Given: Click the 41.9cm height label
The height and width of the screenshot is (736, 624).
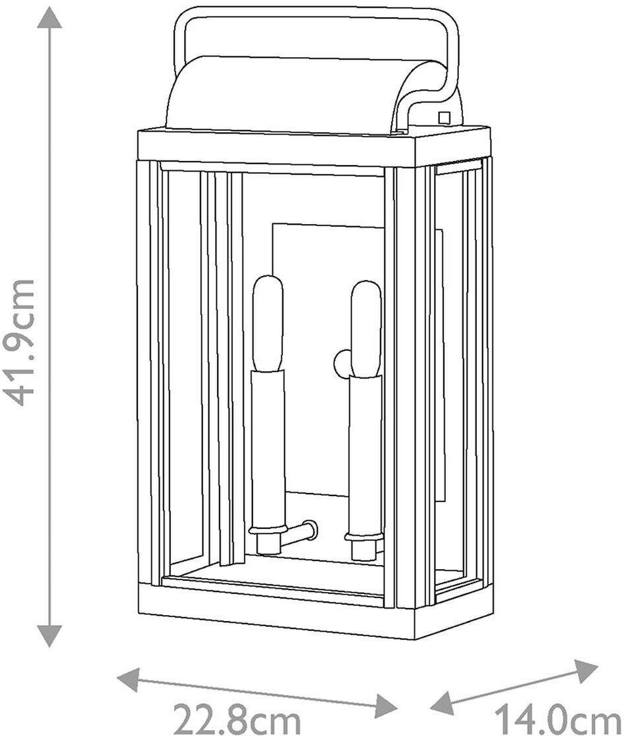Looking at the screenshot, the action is [x=20, y=342].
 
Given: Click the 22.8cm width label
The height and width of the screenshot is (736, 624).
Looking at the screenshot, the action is [x=236, y=717].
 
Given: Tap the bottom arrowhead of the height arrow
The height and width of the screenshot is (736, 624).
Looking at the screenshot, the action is [x=50, y=635].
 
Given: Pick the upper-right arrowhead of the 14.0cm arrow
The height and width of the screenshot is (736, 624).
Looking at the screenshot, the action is [x=586, y=669].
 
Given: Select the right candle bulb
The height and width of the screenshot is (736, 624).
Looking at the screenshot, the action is [x=366, y=329].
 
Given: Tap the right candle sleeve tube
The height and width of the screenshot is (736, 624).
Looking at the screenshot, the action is [x=365, y=453].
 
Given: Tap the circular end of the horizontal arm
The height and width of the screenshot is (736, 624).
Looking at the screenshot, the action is [x=309, y=527].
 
